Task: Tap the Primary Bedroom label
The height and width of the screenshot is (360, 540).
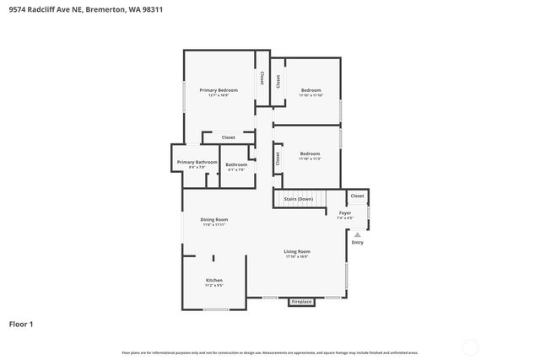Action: (x=219, y=90)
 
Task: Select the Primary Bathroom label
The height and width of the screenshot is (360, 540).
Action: (x=197, y=162)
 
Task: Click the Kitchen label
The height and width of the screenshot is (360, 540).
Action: (x=214, y=280)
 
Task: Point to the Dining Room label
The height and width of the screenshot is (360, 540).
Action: (x=214, y=219)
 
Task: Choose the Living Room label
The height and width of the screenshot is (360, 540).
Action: (x=296, y=251)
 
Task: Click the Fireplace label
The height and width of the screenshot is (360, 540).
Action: (x=301, y=301)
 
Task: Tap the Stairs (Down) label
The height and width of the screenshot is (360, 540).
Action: (x=299, y=199)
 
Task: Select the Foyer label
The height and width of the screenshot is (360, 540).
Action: (x=345, y=212)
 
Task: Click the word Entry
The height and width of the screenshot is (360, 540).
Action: (x=357, y=243)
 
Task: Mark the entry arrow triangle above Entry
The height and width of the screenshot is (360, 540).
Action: (x=357, y=234)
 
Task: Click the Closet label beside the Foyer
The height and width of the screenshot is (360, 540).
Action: (x=357, y=196)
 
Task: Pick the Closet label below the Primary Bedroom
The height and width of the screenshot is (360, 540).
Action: (x=228, y=137)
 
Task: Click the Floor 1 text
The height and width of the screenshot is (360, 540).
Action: (x=21, y=323)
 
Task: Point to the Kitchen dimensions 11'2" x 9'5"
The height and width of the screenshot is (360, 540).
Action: (x=214, y=286)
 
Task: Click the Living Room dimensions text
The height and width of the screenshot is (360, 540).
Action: (x=296, y=257)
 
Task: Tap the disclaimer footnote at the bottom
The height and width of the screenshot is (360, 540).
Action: (x=270, y=352)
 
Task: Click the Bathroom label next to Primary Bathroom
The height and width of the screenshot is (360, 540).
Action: (x=236, y=164)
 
